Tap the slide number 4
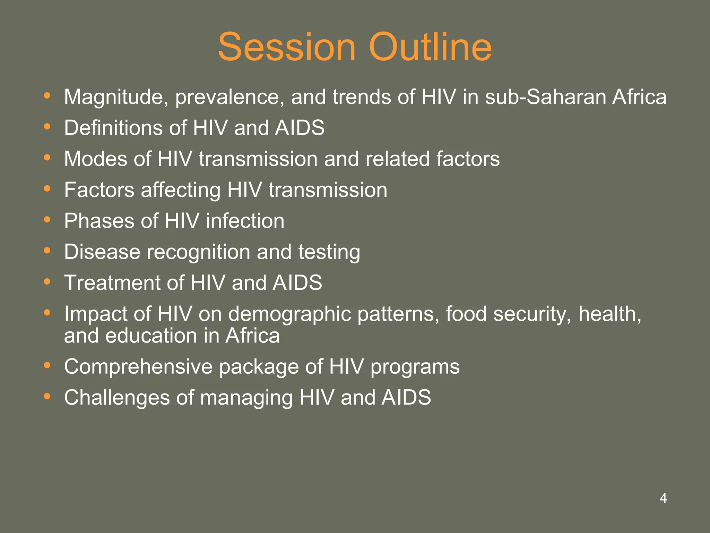pos(663,498)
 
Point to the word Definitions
pos(113,128)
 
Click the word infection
pos(245,221)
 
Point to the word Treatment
pos(112,283)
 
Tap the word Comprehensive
pos(138,367)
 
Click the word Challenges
pos(117,398)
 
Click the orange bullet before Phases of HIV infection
pos(47,220)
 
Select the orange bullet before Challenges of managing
pos(47,396)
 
